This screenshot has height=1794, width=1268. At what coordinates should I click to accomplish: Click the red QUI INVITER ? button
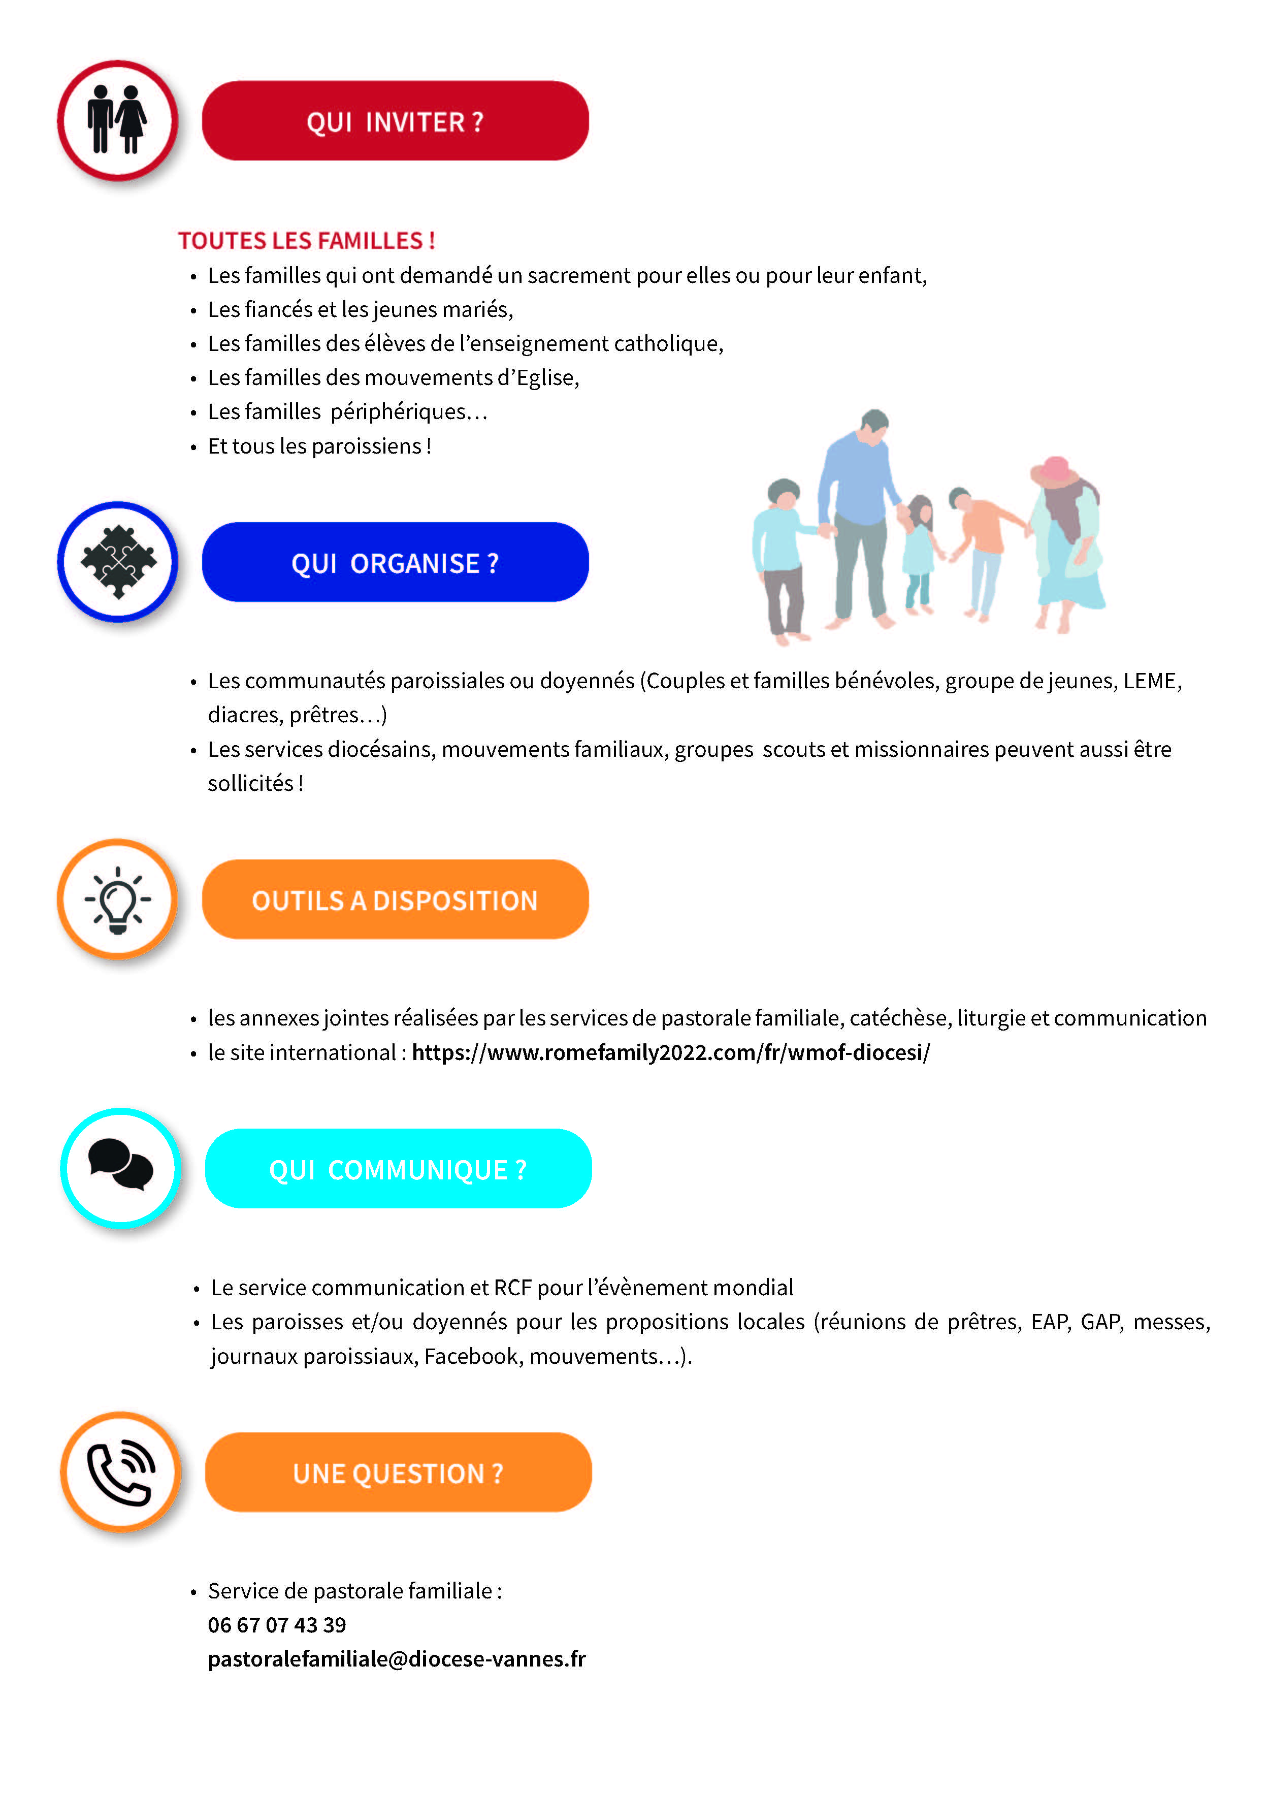point(395,121)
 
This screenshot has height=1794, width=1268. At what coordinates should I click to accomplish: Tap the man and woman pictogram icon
point(117,120)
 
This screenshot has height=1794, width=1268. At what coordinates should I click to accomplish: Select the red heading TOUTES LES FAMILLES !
point(306,241)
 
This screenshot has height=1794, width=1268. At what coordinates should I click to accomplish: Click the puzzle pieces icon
point(118,561)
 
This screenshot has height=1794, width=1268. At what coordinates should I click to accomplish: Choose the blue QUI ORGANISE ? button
point(395,563)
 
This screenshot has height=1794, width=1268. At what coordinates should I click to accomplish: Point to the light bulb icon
point(118,900)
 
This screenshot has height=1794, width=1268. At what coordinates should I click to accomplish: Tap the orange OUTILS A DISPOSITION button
point(395,900)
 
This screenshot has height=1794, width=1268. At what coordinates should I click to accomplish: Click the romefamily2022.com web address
point(670,1052)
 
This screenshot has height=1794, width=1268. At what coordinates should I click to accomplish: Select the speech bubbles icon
point(120,1167)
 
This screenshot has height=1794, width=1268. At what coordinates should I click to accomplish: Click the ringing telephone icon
point(120,1472)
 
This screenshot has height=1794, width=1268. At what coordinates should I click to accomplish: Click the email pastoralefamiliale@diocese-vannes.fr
point(396,1659)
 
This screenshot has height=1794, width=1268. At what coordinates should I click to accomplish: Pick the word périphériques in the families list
point(398,412)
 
